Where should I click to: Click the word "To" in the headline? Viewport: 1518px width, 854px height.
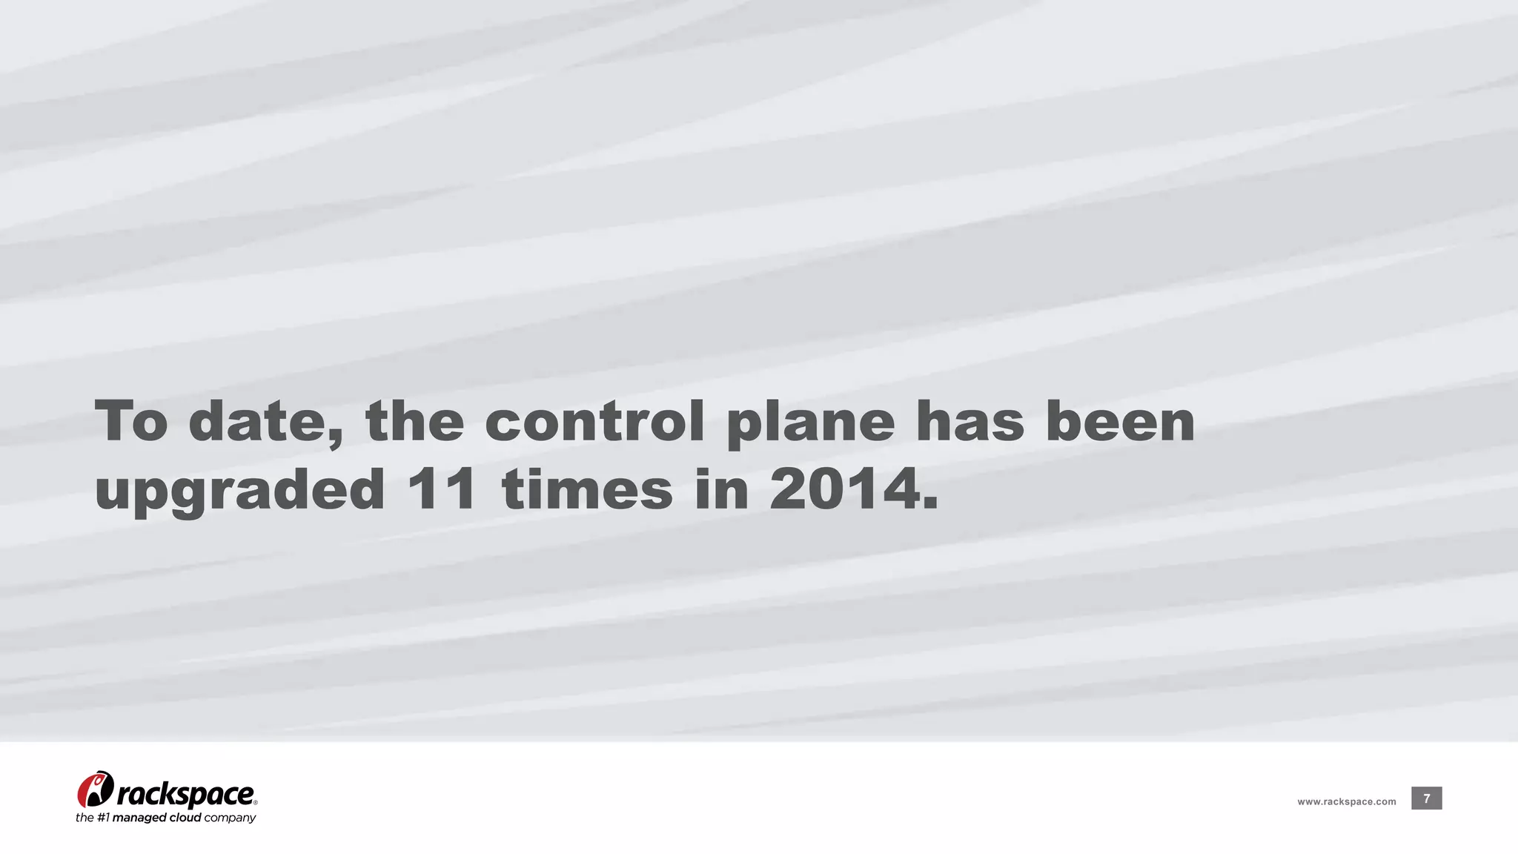pyautogui.click(x=132, y=420)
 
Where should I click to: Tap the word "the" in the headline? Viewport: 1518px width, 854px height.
pyautogui.click(x=415, y=420)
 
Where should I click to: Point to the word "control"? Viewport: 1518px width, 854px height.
pyautogui.click(x=594, y=420)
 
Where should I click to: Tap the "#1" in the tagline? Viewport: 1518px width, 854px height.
pyautogui.click(x=104, y=818)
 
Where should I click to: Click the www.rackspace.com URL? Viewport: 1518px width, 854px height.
pyautogui.click(x=1346, y=801)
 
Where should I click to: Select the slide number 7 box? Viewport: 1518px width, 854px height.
pyautogui.click(x=1426, y=798)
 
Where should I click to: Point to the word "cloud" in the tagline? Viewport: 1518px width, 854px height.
pyautogui.click(x=185, y=818)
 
